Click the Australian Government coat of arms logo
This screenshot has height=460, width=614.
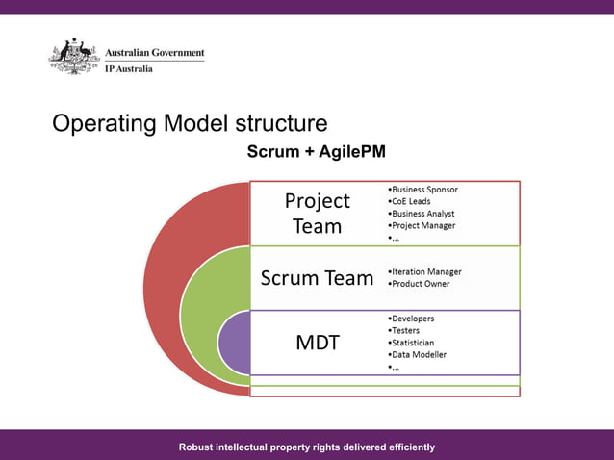coord(74,57)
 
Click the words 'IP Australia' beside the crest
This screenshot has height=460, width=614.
coord(128,69)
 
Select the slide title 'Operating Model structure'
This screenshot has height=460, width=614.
coord(190,124)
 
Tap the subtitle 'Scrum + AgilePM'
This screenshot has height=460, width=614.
coord(316,152)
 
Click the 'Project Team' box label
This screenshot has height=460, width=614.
coord(317,214)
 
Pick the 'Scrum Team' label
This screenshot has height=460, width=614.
coord(317,278)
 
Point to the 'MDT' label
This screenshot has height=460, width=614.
coord(317,342)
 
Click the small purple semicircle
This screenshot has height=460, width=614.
coord(234,343)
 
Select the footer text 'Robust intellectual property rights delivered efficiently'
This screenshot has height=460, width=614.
coord(307,447)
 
